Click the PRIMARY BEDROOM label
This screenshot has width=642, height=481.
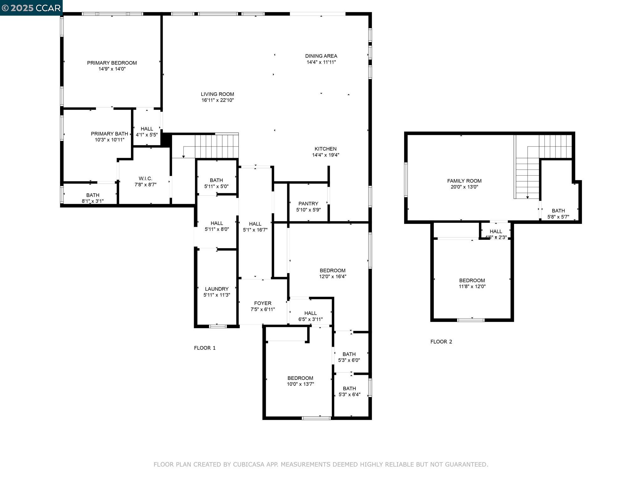[112, 63]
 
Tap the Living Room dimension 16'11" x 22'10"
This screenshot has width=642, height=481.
[218, 100]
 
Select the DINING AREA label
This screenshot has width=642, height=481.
[321, 56]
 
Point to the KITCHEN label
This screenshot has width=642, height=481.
[325, 149]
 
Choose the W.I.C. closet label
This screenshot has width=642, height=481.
[145, 178]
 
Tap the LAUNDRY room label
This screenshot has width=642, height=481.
[217, 289]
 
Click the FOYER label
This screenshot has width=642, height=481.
[263, 303]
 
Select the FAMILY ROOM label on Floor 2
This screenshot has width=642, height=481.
[464, 181]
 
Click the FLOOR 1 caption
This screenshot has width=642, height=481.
[205, 348]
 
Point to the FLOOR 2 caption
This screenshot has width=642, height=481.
[441, 342]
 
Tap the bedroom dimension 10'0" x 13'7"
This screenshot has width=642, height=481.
[300, 384]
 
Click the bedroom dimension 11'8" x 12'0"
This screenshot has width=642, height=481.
[472, 286]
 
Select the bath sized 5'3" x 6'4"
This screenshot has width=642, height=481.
[349, 391]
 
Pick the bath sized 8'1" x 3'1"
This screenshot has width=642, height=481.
[92, 198]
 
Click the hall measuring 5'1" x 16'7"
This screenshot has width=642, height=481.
[255, 227]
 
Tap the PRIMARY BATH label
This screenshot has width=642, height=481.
[109, 134]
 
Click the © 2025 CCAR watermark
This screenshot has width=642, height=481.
[31, 8]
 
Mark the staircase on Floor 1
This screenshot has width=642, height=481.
[216, 146]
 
